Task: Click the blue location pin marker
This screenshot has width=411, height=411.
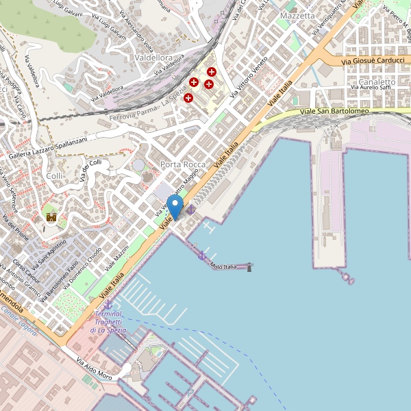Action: (175, 206)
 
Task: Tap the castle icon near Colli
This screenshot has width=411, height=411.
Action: (51, 217)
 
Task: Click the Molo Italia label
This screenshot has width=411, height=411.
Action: (223, 266)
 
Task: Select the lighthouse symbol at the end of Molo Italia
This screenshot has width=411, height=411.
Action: (249, 266)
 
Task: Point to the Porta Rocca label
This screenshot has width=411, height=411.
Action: (183, 165)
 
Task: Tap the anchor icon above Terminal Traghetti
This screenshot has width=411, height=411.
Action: (108, 303)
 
